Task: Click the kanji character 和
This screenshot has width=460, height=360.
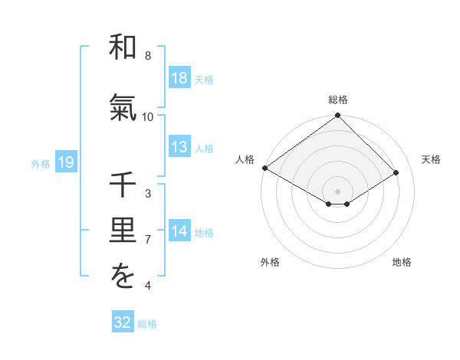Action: click(x=123, y=48)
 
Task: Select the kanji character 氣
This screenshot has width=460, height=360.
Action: click(x=123, y=110)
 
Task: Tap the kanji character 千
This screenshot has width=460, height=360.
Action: click(x=123, y=186)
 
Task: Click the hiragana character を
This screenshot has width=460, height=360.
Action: click(x=123, y=278)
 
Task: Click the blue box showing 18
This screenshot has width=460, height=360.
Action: click(x=179, y=78)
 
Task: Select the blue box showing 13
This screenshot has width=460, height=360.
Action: click(x=179, y=147)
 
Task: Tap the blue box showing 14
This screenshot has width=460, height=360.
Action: click(x=179, y=231)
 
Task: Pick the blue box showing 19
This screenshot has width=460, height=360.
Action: click(x=65, y=162)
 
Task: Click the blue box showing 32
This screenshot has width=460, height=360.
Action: click(x=123, y=322)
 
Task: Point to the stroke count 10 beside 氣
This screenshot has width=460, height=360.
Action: click(x=148, y=116)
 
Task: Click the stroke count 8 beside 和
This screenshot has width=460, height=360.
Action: click(x=148, y=56)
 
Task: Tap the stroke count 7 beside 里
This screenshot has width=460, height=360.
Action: click(x=148, y=240)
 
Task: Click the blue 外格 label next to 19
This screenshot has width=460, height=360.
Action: click(x=40, y=163)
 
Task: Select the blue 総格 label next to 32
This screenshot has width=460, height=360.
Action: click(x=147, y=324)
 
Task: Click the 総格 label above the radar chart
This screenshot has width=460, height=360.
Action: click(x=338, y=100)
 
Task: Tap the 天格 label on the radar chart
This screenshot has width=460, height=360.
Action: click(x=432, y=159)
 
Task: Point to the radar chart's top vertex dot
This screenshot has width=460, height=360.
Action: click(x=338, y=116)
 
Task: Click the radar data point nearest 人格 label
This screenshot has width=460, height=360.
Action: click(x=264, y=168)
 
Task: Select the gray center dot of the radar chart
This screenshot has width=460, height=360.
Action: click(x=338, y=191)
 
